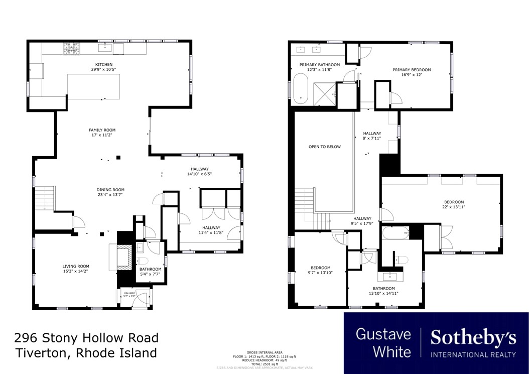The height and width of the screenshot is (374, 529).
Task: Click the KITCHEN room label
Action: (102, 64)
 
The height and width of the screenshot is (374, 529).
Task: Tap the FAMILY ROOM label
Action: (102, 130)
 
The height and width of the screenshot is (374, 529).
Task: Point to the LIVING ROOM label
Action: (76, 266)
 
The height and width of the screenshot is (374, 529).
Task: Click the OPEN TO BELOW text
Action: (324, 147)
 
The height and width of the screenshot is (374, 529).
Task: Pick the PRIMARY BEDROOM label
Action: (412, 70)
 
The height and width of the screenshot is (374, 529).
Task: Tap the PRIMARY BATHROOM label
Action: (320, 65)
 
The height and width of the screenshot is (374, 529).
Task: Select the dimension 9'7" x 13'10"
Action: (320, 273)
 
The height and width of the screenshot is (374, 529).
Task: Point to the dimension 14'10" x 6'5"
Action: (199, 174)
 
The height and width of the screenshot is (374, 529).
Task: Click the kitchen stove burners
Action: (71, 49)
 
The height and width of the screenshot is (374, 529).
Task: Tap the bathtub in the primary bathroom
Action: (301, 88)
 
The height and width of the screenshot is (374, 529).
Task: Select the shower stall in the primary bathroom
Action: (324, 94)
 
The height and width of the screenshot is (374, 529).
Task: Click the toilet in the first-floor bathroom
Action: (143, 261)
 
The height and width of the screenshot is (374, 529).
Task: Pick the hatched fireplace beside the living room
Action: (123, 257)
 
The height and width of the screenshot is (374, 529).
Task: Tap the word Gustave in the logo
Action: (383, 334)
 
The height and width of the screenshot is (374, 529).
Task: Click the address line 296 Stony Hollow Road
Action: (86, 338)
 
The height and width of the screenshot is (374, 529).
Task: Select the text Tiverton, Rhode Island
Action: (85, 353)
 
